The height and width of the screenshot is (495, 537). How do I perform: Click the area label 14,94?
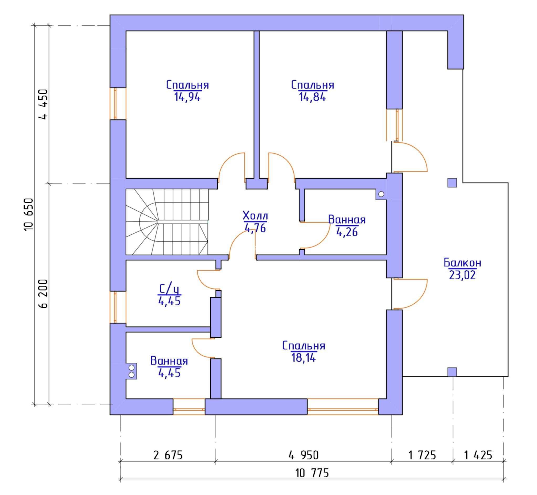coord(187,97)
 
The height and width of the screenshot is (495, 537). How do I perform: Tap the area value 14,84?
coord(312,97)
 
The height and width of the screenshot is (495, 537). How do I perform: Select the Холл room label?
coord(255,216)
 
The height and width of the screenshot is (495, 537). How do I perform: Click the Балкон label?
coord(462,263)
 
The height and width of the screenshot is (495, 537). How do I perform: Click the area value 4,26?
coord(347,232)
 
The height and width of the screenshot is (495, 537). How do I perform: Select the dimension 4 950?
coord(304,455)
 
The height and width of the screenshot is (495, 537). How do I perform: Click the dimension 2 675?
coord(168,455)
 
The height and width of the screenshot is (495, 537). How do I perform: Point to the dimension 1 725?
coord(422,455)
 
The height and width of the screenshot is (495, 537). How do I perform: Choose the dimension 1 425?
coord(478,455)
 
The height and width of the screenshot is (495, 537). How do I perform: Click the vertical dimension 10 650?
coord(29,215)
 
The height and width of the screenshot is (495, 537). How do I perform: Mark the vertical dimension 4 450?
coord(43,104)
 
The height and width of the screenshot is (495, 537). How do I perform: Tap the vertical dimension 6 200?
coord(43,294)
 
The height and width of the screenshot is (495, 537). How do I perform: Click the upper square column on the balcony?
coord(452,183)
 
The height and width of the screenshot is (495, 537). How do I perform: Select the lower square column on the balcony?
coord(452,372)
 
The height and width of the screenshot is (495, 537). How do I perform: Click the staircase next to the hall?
coord(167,222)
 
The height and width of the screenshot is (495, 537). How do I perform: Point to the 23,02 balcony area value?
coord(462,275)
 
